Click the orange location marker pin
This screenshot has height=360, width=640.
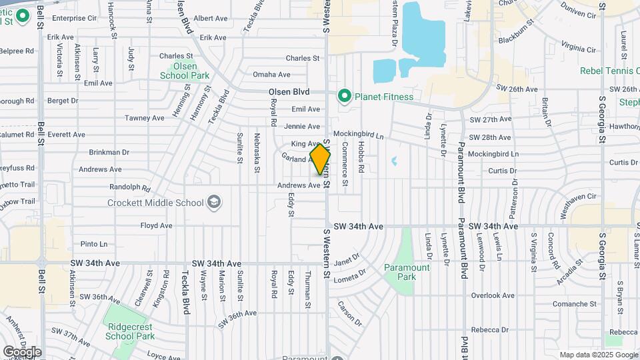tap(320, 159)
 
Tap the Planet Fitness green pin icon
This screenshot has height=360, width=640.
tap(345, 97)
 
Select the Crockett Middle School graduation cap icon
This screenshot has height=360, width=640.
tap(214, 202)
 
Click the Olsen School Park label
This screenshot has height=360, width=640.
tap(179, 71)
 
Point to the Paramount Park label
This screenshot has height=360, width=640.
tap(407, 272)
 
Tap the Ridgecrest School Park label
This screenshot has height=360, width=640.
tap(130, 331)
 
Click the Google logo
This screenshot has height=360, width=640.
tap(22, 351)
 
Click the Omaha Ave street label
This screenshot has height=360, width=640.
tap(271, 75)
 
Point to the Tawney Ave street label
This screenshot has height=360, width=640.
tap(145, 118)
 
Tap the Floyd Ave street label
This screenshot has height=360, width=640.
tap(156, 226)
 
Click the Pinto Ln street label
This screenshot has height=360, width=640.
tap(93, 244)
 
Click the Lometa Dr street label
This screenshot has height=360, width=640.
tap(351, 276)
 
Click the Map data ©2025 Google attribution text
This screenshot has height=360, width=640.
tap(598, 355)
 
